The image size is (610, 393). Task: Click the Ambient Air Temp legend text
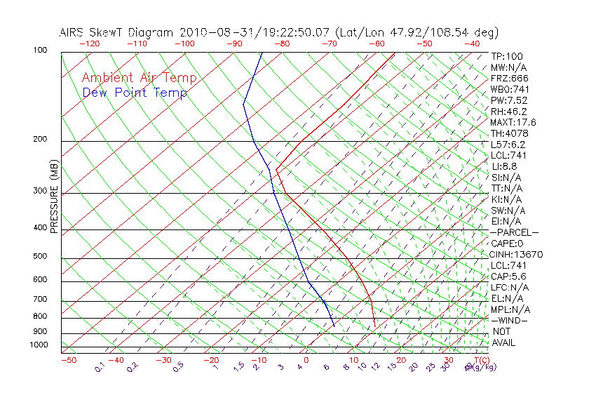coord(139,78)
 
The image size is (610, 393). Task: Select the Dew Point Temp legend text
coord(135,93)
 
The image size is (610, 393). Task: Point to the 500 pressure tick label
coord(40,256)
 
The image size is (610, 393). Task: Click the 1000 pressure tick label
coord(38,345)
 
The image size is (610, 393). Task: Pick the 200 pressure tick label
coord(40,139)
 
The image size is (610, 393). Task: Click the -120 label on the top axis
coord(89,44)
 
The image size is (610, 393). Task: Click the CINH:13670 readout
coord(517,254)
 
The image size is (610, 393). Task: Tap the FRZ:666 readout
coord(510,78)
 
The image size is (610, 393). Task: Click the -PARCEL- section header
coord(515,232)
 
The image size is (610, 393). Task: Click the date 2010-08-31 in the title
coord(206,32)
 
